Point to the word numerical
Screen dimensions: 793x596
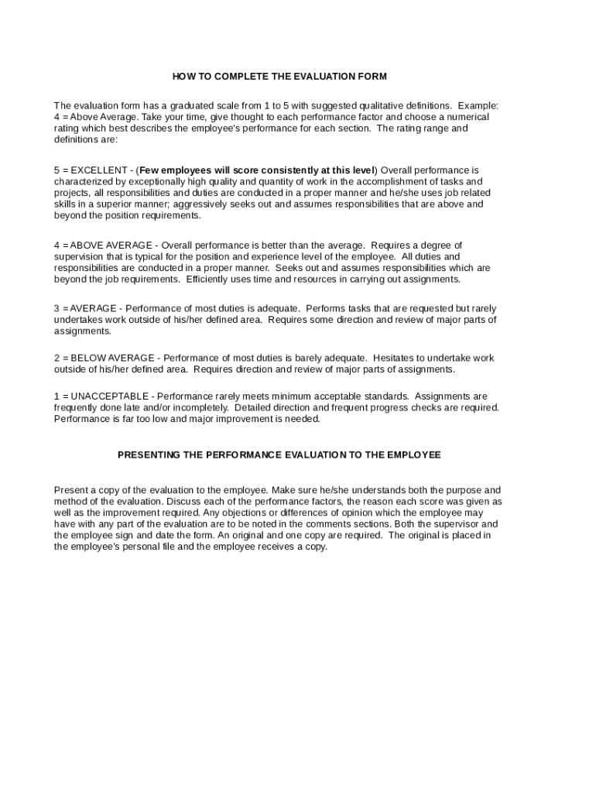pos(467,117)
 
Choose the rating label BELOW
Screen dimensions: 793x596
pos(88,358)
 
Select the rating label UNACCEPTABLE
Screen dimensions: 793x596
pos(109,396)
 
